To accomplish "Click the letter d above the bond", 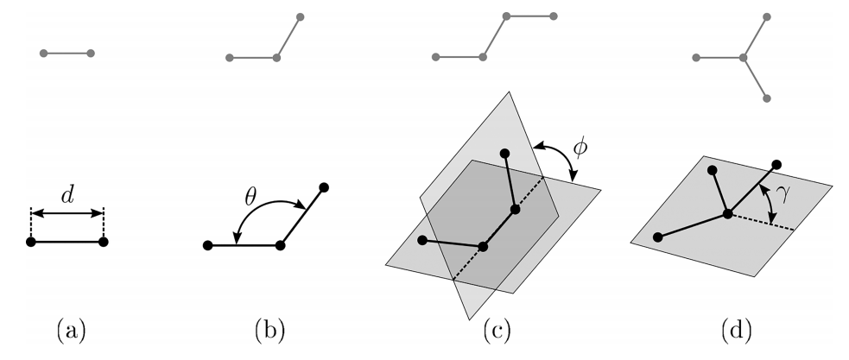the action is pos(67,195).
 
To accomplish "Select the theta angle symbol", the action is pos(250,198).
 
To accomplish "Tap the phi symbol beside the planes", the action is pos(580,148).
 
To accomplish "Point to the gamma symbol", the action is pos(782,195).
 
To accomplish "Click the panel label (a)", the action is pos(71,332).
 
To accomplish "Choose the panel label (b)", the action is pos(269,332).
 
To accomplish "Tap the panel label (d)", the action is pos(737,332).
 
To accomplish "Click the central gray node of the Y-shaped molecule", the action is pos(744,57).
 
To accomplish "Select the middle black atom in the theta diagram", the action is pos(280,245).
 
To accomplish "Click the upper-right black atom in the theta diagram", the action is pos(324,187).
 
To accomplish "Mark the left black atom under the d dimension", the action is pos(31,242).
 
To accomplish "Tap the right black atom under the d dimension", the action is pos(104,242).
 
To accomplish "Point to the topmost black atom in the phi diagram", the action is pos(504,153).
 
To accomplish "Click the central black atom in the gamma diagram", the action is pos(728,214).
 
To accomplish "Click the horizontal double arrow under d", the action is pos(67,214).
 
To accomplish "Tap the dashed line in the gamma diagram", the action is pos(761,223).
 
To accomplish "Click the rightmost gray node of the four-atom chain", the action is pos(554,16).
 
